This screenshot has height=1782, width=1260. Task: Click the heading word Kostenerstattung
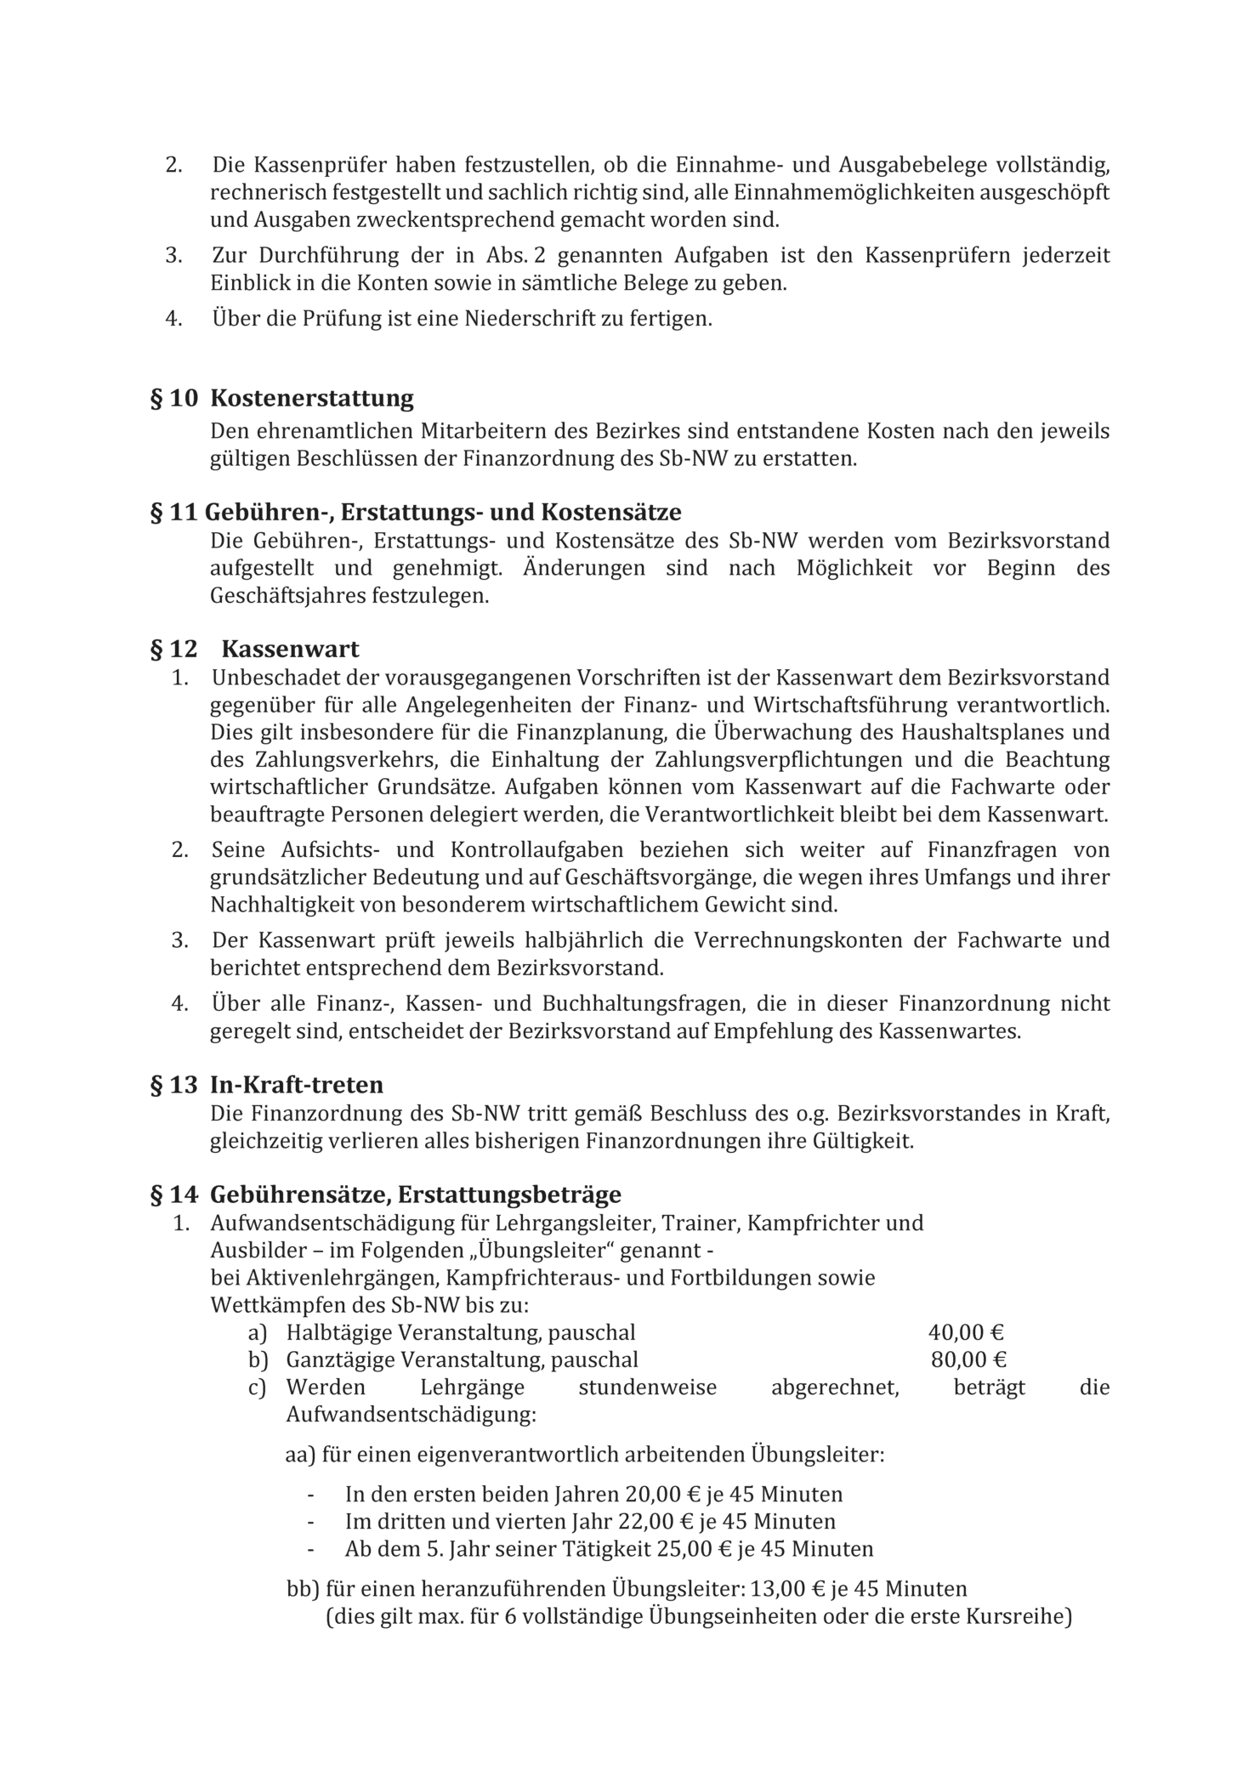click(x=311, y=398)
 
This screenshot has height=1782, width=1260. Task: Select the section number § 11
click(x=173, y=513)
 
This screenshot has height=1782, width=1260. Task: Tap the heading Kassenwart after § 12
click(x=290, y=650)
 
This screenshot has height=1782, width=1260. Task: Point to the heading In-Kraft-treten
click(x=296, y=1085)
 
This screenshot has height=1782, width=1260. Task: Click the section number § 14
click(x=173, y=1195)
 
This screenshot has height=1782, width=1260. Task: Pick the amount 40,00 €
click(x=966, y=1333)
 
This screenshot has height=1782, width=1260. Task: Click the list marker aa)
click(x=299, y=1455)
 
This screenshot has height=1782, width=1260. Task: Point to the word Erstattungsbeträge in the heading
click(x=509, y=1195)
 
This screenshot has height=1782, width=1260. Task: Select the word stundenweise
click(x=647, y=1388)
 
